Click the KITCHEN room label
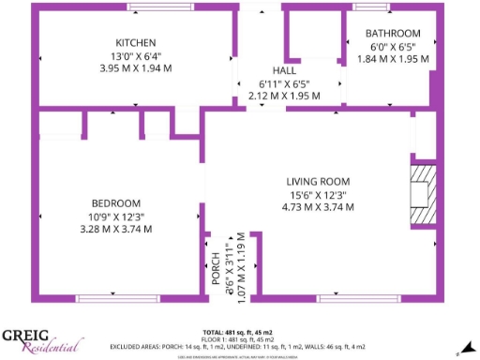135,43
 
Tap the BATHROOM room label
393,34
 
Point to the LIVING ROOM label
318,182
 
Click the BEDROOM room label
116,203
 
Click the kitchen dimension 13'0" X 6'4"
135,55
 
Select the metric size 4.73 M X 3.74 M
318,207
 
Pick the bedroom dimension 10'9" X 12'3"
116,217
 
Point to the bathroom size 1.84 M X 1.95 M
394,58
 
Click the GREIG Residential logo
39,339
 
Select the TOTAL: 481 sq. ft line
239,333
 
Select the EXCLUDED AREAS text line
239,346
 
